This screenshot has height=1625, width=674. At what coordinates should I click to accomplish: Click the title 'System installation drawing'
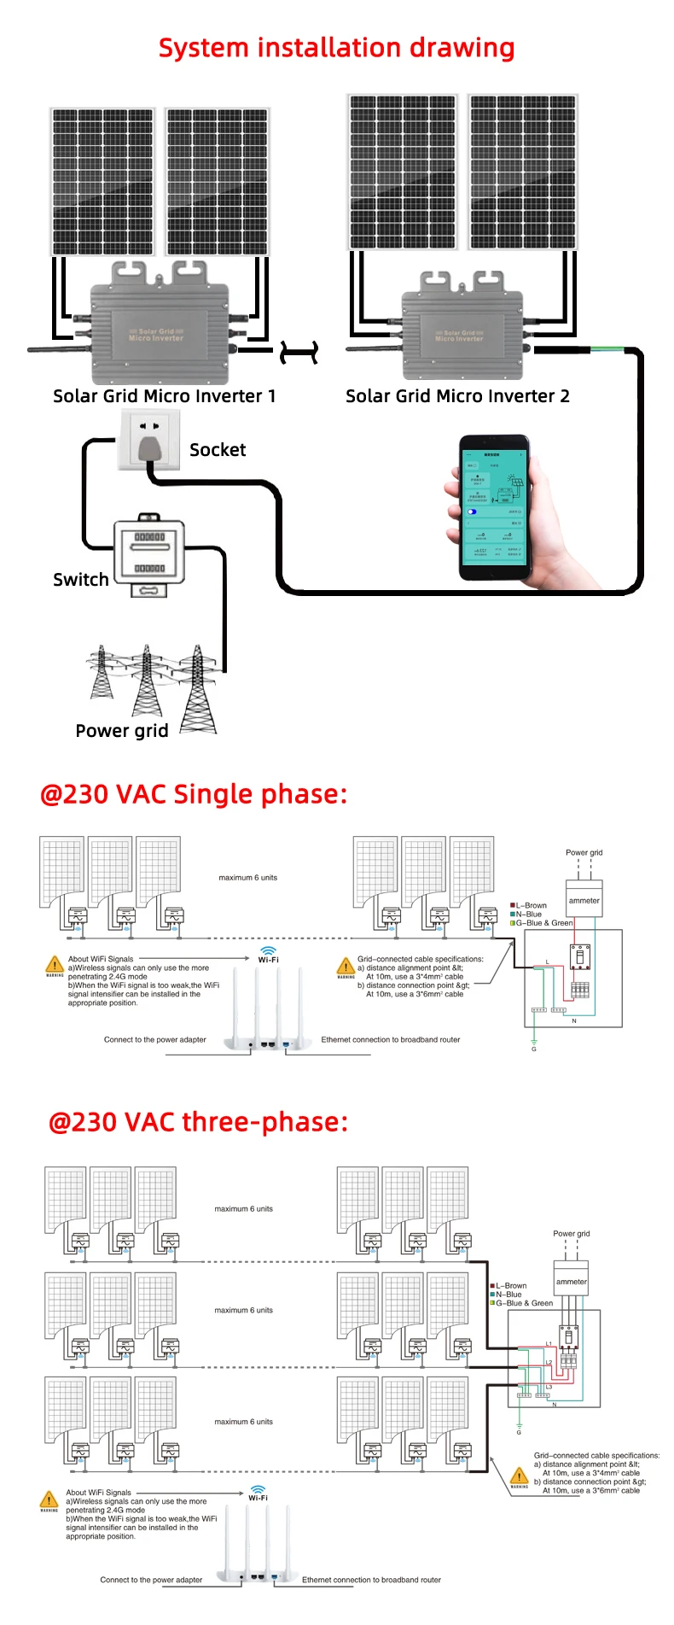tap(336, 48)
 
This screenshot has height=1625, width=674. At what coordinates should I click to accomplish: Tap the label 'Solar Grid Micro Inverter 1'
tap(164, 396)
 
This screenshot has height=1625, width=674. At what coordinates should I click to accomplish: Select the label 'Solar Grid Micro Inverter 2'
tap(457, 396)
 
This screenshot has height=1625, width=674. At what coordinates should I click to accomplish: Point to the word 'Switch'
tap(81, 580)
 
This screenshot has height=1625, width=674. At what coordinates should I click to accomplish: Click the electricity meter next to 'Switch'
tap(149, 552)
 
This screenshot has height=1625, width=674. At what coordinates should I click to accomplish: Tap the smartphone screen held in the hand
tap(494, 506)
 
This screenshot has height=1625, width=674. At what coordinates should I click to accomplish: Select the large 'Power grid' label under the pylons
tap(122, 731)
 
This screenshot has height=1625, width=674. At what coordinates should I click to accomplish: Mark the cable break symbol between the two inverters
tap(299, 352)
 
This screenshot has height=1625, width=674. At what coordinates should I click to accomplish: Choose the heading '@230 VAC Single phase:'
tap(194, 794)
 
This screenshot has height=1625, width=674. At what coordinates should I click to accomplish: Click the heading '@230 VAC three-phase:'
tap(198, 1122)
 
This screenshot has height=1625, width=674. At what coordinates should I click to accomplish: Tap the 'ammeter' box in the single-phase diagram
tap(584, 900)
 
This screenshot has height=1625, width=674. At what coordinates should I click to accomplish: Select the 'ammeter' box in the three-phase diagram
tap(572, 1281)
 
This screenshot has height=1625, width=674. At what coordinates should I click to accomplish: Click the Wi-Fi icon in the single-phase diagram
tap(268, 950)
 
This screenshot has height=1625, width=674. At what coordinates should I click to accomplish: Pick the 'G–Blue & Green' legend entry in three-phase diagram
tap(523, 1303)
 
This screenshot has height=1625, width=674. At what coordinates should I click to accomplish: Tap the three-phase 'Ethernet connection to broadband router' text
tap(371, 1580)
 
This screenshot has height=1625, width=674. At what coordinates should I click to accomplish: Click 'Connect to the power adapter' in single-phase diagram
tap(155, 1039)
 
